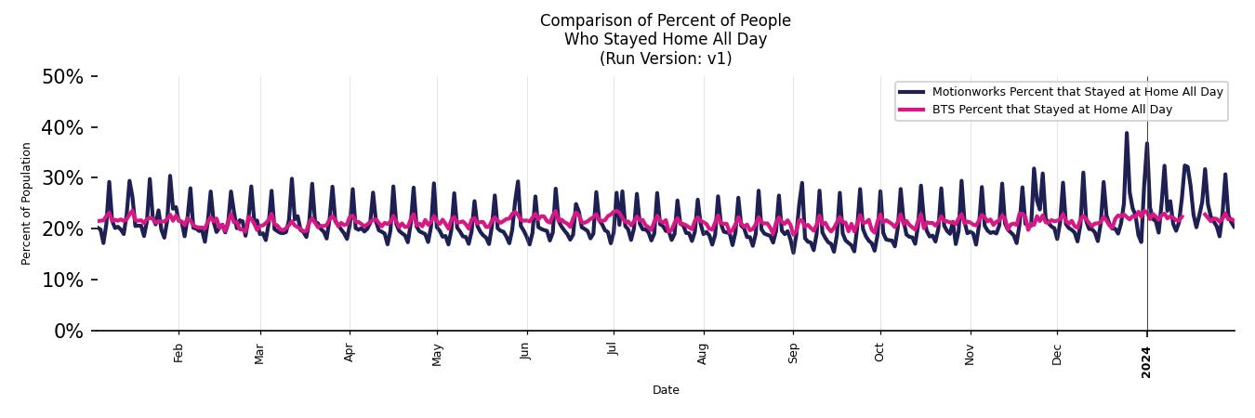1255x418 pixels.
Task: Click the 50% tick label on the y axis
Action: click(62, 77)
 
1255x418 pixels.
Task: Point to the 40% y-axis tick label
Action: click(62, 127)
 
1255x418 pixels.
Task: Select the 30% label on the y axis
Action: click(62, 178)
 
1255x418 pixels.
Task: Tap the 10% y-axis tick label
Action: click(62, 281)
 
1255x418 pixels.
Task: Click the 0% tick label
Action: click(68, 332)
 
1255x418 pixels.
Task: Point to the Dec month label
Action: click(1057, 353)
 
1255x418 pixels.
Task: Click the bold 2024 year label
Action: click(1146, 361)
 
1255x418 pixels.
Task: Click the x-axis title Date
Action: click(666, 390)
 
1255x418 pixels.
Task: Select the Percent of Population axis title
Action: click(26, 203)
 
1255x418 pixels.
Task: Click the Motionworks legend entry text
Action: click(1077, 91)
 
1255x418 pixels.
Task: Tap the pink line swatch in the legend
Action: click(912, 110)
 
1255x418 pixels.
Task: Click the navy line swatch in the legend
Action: click(912, 91)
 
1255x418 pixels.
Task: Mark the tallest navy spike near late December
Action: click(1127, 133)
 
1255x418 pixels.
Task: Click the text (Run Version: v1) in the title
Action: click(666, 59)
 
